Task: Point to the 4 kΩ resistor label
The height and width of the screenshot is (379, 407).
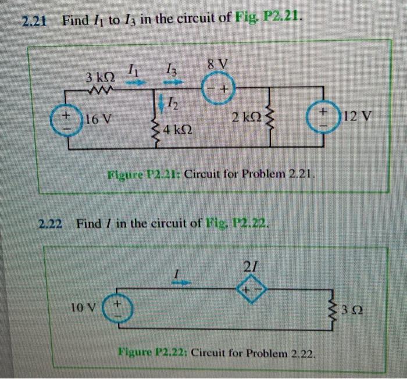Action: [x=178, y=130]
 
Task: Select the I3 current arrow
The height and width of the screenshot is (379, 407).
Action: [x=174, y=83]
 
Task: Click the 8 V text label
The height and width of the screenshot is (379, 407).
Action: [x=218, y=63]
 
